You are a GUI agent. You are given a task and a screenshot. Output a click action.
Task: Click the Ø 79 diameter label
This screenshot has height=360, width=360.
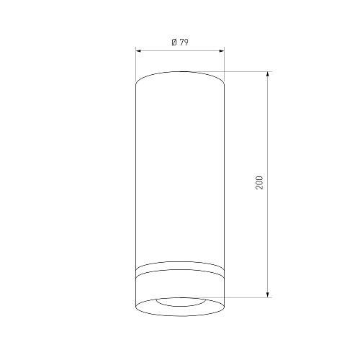coord(180,42)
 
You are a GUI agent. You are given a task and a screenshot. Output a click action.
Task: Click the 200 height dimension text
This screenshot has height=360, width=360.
coord(259,183)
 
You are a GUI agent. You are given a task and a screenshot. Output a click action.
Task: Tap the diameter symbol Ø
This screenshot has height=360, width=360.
coord(174,42)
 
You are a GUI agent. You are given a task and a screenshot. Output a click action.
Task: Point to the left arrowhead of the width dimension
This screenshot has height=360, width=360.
coord(138,50)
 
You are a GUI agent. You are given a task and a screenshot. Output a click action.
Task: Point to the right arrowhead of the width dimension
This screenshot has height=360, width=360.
coord(222,50)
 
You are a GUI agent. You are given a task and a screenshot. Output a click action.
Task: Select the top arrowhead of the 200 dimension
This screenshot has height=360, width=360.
coord(268,74)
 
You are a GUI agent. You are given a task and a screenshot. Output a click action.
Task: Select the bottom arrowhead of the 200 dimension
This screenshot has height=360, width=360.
coord(268,295)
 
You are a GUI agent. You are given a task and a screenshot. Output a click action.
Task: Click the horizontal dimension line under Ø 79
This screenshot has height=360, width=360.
coord(180,50)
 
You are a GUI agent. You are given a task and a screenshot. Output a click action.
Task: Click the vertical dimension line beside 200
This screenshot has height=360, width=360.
coord(268,184)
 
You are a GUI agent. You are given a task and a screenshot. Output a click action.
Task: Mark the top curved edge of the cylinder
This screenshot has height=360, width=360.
coord(180,71)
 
